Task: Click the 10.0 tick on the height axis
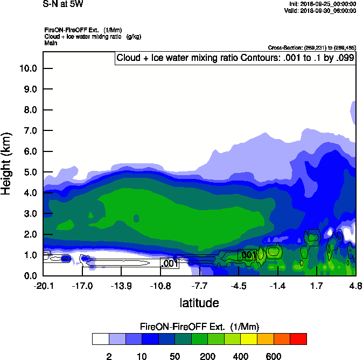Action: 28,68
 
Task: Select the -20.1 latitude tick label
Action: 43,286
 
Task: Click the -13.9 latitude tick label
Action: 121,286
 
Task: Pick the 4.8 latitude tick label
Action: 354,286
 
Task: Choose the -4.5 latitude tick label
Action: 239,286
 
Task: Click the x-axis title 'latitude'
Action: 199,303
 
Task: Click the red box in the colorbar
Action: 298,338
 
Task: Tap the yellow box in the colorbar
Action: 249,338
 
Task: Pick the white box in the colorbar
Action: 100,338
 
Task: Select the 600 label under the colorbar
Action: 274,356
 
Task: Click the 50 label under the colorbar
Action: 175,356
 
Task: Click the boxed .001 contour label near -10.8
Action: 169,264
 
